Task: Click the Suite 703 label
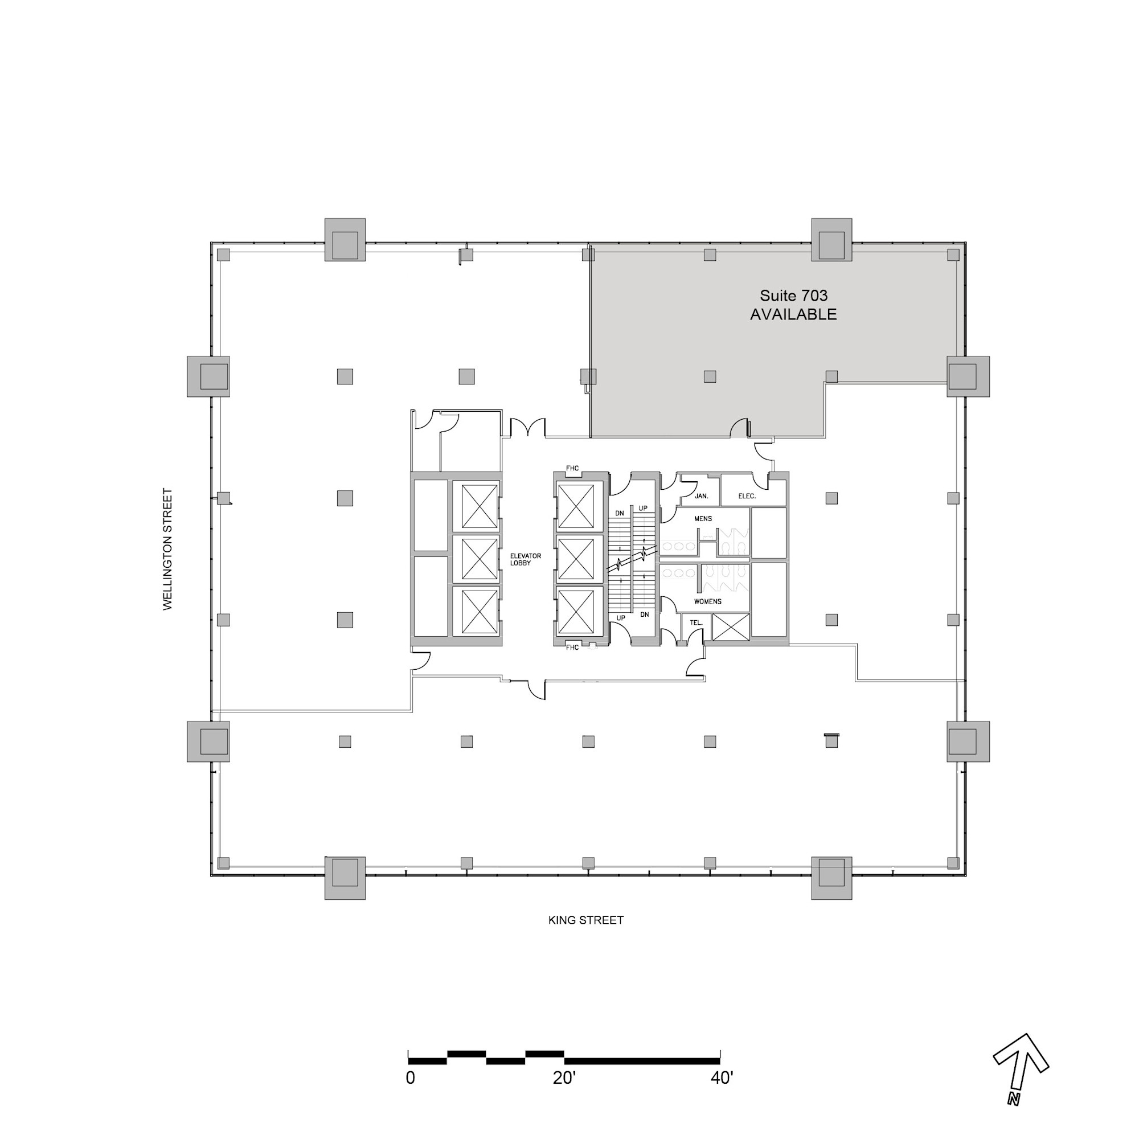(x=793, y=296)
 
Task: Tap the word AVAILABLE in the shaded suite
(x=793, y=314)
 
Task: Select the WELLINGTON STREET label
(x=168, y=549)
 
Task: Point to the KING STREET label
(x=585, y=920)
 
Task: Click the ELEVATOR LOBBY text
(x=525, y=559)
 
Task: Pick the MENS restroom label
(x=703, y=519)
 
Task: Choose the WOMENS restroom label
(x=707, y=601)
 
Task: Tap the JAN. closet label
(x=702, y=496)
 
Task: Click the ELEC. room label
(x=747, y=496)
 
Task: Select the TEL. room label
(x=696, y=622)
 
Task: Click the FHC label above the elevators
(x=572, y=468)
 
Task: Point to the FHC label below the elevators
(x=572, y=648)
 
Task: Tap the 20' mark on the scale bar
(x=564, y=1077)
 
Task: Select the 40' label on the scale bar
(x=722, y=1077)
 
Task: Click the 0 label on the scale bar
(x=410, y=1077)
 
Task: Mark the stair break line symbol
(x=632, y=559)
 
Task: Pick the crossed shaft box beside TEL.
(x=731, y=626)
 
